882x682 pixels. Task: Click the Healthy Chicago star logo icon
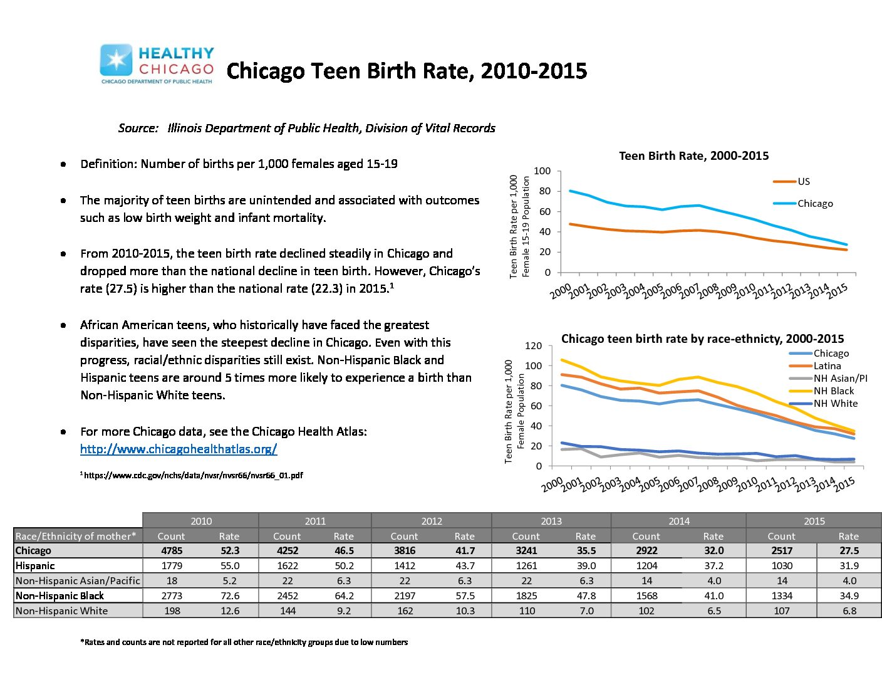(x=116, y=60)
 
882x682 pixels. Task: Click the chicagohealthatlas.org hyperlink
(x=179, y=449)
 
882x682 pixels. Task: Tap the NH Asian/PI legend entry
(x=828, y=378)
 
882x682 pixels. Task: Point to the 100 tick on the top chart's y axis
(x=542, y=171)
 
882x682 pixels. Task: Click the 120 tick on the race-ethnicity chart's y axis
(x=533, y=345)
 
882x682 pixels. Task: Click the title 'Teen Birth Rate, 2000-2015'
(x=693, y=155)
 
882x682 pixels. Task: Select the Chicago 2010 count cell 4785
(x=172, y=550)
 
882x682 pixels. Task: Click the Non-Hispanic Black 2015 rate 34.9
(x=849, y=595)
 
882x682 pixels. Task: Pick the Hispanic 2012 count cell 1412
(x=405, y=565)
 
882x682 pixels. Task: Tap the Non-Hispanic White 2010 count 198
(x=172, y=611)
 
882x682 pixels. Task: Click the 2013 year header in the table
(x=551, y=521)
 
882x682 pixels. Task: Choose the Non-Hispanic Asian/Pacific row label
(x=78, y=580)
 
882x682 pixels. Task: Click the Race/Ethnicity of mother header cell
(x=76, y=536)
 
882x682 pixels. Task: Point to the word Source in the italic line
(x=138, y=128)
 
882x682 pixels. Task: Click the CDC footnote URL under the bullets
(x=192, y=475)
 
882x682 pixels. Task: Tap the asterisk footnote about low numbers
(x=244, y=642)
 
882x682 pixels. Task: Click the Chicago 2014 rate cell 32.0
(x=714, y=550)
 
